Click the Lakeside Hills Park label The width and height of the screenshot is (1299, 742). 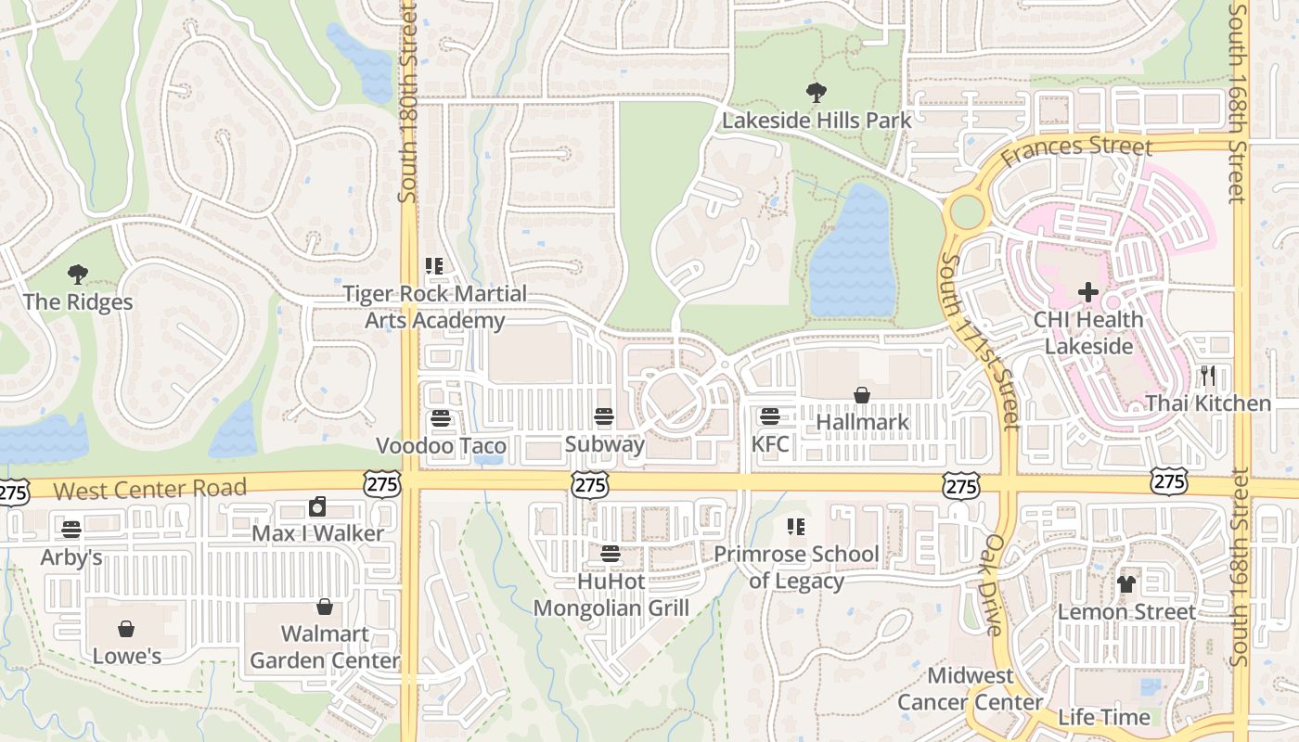(817, 121)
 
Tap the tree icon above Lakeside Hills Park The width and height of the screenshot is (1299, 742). (817, 93)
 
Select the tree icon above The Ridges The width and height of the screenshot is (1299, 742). (78, 275)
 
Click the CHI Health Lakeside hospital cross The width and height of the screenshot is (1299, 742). (1087, 292)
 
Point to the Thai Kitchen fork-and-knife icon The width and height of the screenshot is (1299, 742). (1207, 376)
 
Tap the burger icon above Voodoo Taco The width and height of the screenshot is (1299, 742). (440, 418)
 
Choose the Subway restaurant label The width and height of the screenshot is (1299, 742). (604, 444)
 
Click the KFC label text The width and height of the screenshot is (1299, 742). (770, 444)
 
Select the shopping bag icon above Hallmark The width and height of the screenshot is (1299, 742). (862, 395)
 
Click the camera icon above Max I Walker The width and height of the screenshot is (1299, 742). (317, 506)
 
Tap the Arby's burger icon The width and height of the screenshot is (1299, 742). (71, 530)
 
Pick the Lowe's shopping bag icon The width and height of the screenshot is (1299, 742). (126, 629)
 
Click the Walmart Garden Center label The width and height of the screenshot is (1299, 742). (325, 647)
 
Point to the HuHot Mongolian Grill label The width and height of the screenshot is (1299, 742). (611, 595)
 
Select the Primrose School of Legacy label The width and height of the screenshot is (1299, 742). (796, 568)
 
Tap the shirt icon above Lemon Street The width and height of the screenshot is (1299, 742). (1126, 584)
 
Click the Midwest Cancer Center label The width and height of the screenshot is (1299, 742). (970, 688)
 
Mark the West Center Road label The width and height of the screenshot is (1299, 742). (150, 489)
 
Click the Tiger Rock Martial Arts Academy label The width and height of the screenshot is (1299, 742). (435, 307)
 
